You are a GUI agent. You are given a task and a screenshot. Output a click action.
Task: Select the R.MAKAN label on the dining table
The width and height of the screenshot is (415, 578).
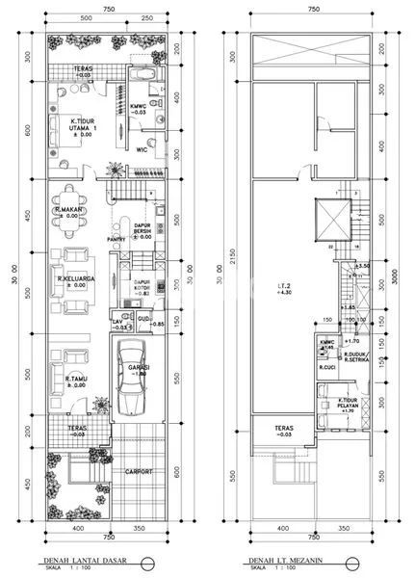coord(72,211)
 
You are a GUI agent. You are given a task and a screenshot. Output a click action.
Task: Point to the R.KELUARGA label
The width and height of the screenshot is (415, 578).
coord(74,281)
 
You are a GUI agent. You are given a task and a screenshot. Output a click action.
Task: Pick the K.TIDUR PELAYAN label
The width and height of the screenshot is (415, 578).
coord(331,404)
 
